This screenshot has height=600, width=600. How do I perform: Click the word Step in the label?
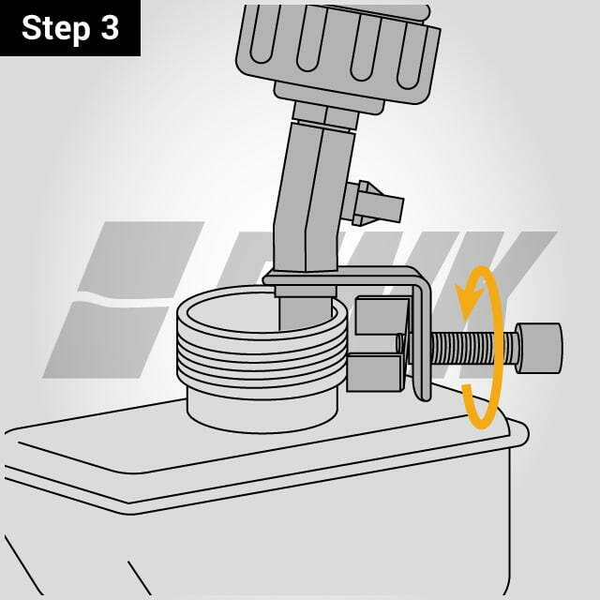click(x=55, y=29)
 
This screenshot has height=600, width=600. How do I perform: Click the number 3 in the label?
click(x=110, y=28)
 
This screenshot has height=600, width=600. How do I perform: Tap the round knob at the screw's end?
click(x=539, y=348)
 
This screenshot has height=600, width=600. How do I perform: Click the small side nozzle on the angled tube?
click(x=372, y=203)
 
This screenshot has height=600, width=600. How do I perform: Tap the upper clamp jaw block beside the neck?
click(x=382, y=316)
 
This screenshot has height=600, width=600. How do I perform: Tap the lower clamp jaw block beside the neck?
click(x=375, y=372)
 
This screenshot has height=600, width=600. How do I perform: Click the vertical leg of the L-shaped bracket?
click(x=422, y=340)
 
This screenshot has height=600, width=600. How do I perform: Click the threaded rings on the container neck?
click(x=262, y=355)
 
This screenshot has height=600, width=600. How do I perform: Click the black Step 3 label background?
click(x=70, y=28)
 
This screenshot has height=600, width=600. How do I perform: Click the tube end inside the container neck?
click(x=306, y=312)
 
